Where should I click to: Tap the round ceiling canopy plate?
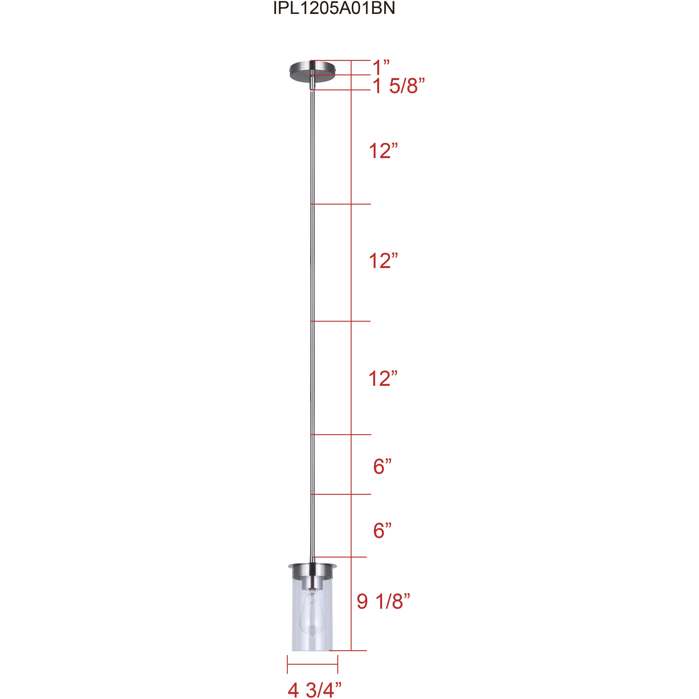313,69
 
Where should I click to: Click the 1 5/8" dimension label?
398,86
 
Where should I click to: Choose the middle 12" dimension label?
383,261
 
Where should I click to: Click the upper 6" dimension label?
382,466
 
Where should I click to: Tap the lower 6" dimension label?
382,530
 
